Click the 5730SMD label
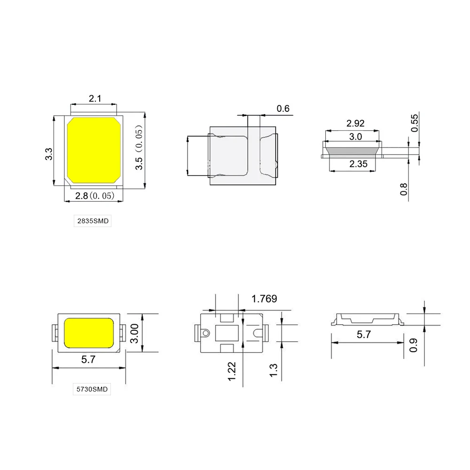(x=93, y=389)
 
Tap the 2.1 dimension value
(x=95, y=98)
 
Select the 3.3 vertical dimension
(x=48, y=154)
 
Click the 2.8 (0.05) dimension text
(x=94, y=196)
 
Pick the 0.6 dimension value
(x=283, y=109)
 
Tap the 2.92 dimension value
(x=355, y=124)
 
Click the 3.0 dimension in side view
(x=356, y=137)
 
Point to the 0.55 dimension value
(x=415, y=123)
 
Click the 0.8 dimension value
(x=403, y=188)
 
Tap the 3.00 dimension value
(x=135, y=333)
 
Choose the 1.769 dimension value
(x=264, y=298)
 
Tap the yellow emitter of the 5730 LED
(x=89, y=332)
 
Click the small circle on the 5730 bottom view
(x=205, y=333)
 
